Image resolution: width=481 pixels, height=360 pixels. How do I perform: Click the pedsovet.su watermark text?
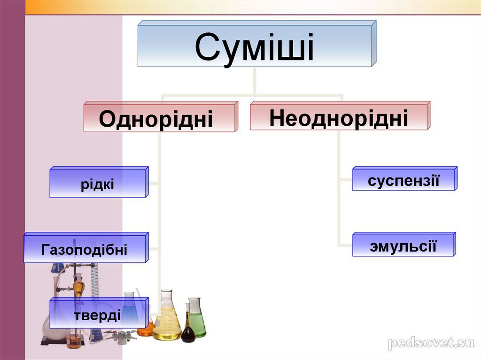pyautogui.click(x=431, y=343)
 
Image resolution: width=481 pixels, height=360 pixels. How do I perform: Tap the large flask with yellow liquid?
pyautogui.click(x=167, y=319)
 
